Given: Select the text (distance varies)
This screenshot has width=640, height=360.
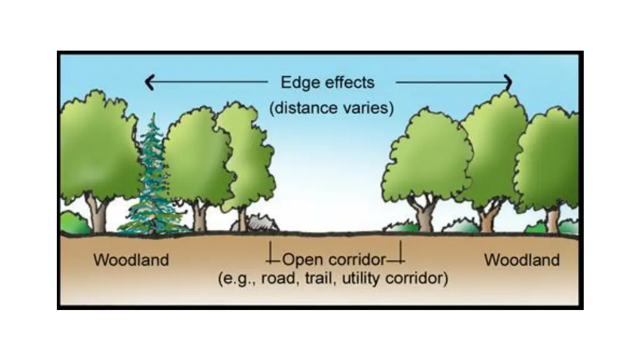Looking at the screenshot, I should tap(331, 107).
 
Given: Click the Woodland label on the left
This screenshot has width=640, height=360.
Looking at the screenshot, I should tap(131, 259).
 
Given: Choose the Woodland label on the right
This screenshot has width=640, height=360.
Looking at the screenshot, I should tap(522, 259).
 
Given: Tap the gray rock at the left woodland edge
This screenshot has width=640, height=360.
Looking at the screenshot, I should tap(261, 223).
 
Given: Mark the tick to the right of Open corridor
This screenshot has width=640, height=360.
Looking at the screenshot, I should tap(401, 253).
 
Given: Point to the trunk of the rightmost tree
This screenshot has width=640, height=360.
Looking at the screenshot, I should tap(552, 219).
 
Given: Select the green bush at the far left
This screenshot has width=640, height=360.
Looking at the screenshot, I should tap(73, 224).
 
